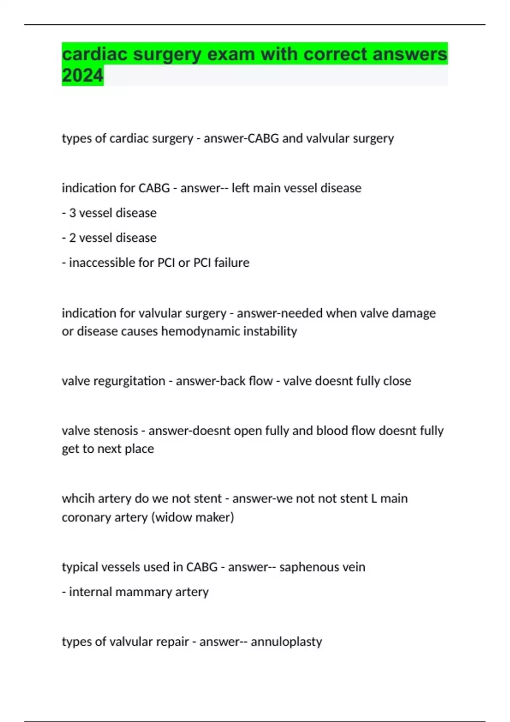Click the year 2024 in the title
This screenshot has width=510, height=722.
(x=82, y=76)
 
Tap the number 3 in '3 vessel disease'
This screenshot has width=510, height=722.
(x=73, y=213)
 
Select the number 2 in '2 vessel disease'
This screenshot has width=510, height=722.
(x=73, y=238)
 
